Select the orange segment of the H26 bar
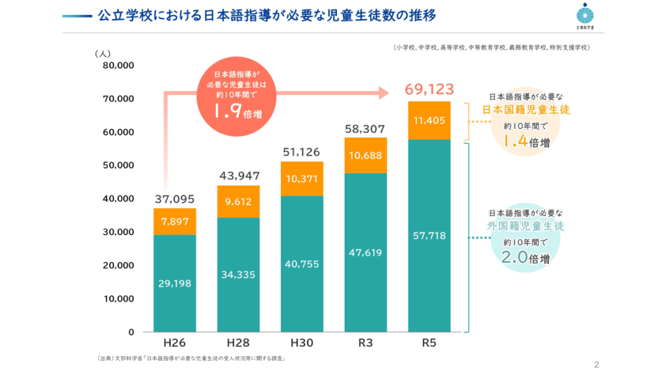(174, 221)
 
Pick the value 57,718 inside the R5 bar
(429, 235)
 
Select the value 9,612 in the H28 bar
(238, 201)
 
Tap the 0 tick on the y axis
(130, 332)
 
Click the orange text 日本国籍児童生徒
(526, 109)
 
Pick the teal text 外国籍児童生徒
(526, 227)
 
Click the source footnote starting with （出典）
(193, 358)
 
